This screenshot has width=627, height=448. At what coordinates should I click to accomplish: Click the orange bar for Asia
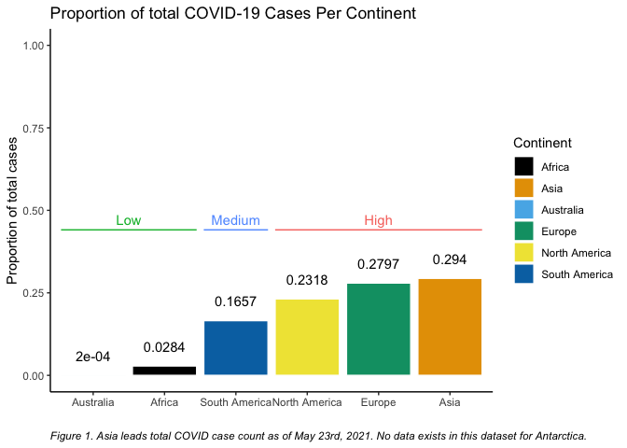point(450,327)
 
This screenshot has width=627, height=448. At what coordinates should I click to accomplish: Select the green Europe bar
point(378,329)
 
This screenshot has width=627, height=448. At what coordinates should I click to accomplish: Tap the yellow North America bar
point(307,337)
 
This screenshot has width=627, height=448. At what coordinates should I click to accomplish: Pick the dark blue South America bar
point(235,348)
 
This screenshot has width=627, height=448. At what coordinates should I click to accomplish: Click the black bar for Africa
point(164,371)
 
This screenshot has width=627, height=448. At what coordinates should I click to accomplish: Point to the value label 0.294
point(450,259)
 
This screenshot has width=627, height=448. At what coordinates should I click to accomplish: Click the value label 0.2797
point(378,264)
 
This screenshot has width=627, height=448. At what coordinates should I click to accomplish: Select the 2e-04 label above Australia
point(92,357)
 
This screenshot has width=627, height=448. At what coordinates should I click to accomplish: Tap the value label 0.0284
point(164,347)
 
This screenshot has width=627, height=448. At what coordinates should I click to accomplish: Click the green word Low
point(129,220)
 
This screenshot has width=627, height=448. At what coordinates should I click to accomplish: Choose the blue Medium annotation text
point(235,220)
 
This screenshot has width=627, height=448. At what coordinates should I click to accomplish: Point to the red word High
point(378,220)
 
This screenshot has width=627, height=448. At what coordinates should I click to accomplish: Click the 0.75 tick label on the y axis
point(34,128)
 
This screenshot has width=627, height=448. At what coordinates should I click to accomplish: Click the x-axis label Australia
point(92,402)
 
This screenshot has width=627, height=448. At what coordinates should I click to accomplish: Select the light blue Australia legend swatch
point(523,210)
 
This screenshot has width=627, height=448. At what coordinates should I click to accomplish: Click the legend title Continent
point(542,143)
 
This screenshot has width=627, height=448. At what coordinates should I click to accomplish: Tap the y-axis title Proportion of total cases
point(12,210)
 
